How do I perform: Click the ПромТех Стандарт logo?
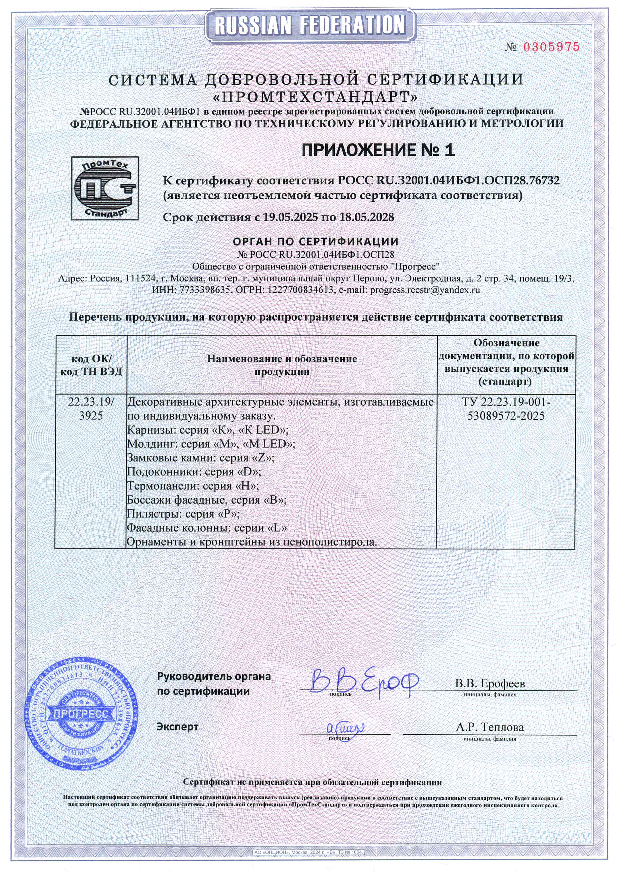(x=105, y=188)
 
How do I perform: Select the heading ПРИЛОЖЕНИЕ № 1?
(x=378, y=150)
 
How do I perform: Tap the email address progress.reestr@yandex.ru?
(x=425, y=290)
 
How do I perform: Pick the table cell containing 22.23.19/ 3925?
(x=91, y=409)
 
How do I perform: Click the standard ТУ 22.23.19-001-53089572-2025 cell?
(x=506, y=409)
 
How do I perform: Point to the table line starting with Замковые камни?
(x=201, y=458)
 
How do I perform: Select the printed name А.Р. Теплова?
(x=490, y=727)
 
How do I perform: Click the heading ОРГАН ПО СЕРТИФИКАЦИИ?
(x=316, y=242)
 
